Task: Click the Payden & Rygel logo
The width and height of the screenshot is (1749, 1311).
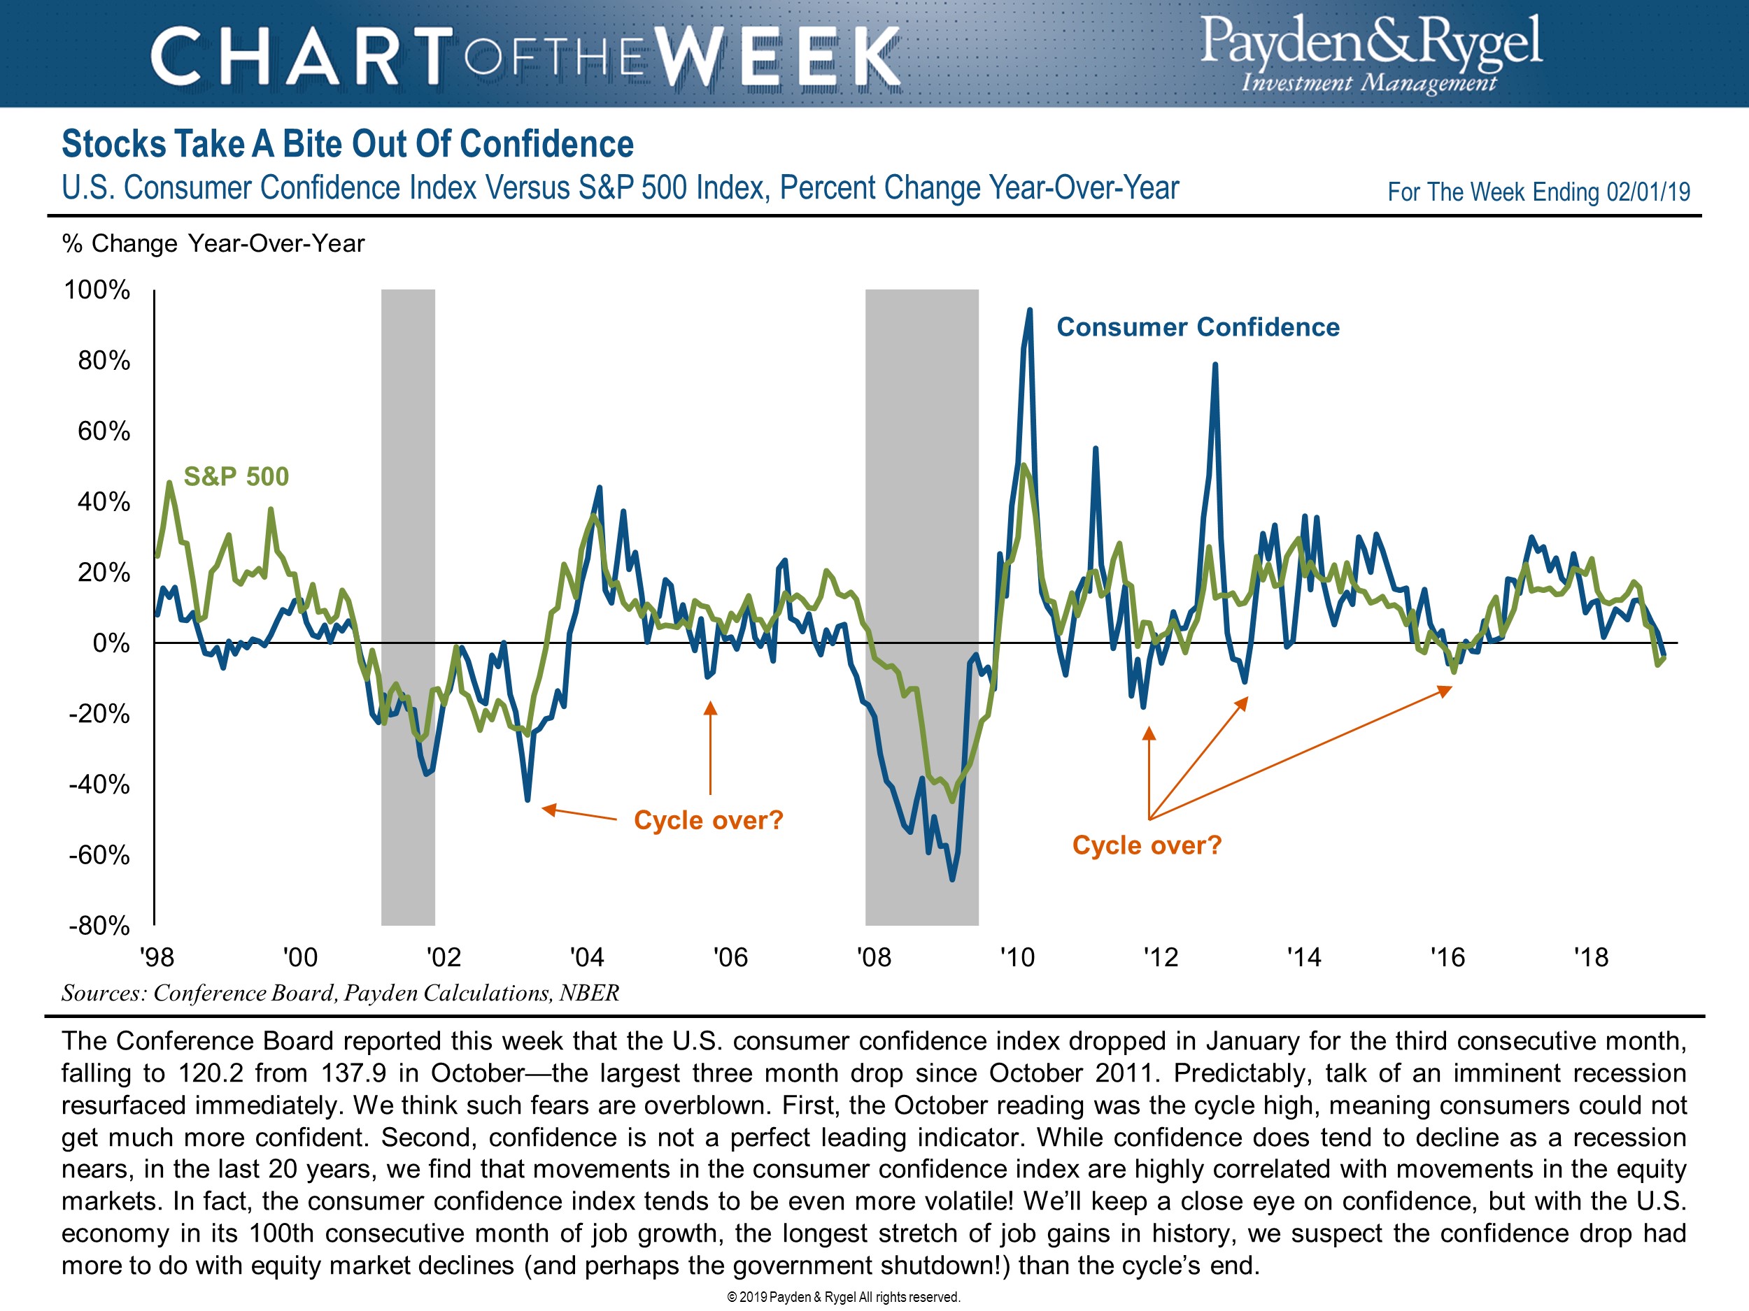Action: (x=1371, y=54)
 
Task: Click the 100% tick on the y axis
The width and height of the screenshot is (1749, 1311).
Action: (x=97, y=290)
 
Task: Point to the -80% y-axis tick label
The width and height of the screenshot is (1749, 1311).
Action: (x=99, y=925)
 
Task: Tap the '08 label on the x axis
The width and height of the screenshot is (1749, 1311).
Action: (x=874, y=958)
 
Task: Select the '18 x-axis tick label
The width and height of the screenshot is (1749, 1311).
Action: (x=1591, y=958)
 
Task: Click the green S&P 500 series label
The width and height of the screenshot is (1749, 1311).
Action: (x=236, y=477)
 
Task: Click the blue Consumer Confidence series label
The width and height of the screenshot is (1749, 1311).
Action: (x=1198, y=327)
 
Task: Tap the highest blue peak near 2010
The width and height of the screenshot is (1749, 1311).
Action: (x=1030, y=310)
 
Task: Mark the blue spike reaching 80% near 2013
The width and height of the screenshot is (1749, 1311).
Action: (x=1215, y=365)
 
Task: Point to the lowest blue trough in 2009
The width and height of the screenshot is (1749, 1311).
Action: (x=952, y=879)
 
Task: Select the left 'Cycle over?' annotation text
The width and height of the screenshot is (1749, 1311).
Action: (x=708, y=820)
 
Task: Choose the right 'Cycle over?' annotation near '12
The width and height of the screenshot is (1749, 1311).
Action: (x=1147, y=845)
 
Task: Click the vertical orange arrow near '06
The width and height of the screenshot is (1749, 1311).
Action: (x=710, y=747)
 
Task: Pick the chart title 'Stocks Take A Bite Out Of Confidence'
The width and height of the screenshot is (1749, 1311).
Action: (x=347, y=145)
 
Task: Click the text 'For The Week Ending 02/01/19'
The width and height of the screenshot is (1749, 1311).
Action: (x=1538, y=192)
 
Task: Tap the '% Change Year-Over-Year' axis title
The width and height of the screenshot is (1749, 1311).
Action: (x=213, y=243)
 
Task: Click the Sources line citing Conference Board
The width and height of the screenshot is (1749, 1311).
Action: (x=340, y=994)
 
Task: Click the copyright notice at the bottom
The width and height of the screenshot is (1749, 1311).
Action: (x=843, y=1297)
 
